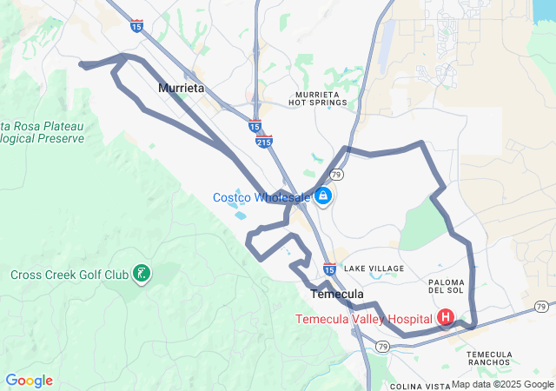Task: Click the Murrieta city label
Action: pos(181,89)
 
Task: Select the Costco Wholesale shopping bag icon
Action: pos(323,196)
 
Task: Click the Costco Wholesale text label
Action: pos(261,197)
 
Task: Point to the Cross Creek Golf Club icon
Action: pos(141,275)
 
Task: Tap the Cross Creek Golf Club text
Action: pos(69,275)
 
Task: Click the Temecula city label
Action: pos(337,295)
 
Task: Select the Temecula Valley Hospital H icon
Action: pos(446,319)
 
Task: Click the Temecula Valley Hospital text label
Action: pos(364,319)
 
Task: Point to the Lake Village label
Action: pos(374,269)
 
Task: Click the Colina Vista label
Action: pos(419,386)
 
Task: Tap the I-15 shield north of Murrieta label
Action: pos(137,26)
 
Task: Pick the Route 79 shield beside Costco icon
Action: pos(336,175)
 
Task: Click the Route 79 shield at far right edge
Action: pos(541,307)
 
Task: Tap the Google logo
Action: pos(29,381)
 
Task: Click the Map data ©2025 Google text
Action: pos(502,384)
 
